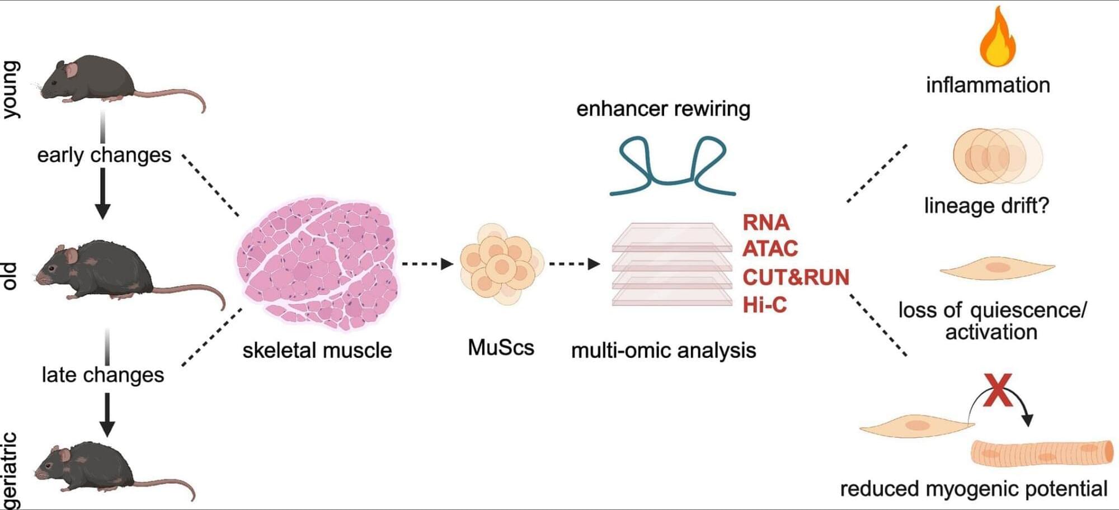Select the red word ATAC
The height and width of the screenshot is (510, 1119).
point(770,248)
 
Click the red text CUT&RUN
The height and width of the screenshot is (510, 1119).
point(796,277)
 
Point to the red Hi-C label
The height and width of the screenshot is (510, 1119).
point(764,305)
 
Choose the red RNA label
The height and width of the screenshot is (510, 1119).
point(765,222)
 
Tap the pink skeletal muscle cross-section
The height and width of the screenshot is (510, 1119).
point(317,263)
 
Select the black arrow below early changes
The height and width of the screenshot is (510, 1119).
point(102,193)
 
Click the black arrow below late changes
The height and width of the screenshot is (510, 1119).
point(107,414)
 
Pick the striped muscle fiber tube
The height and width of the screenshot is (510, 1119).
point(1041,453)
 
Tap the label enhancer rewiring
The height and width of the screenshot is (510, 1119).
point(663,108)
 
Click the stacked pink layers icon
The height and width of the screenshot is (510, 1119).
point(671,264)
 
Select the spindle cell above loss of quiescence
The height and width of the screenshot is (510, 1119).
point(997,268)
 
